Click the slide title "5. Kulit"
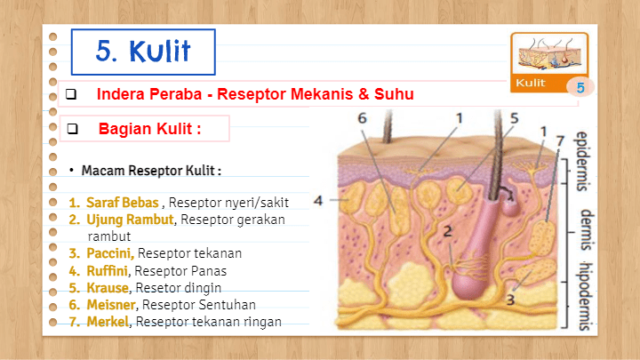pos(143,52)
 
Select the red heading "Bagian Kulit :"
pos(149,128)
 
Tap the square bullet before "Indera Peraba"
pos(72,94)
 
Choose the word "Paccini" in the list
pos(109,253)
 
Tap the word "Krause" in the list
pos(108,288)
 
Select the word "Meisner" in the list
pos(111,305)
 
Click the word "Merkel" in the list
pos(107,322)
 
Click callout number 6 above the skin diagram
pos(363,118)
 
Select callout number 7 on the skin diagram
pos(558,140)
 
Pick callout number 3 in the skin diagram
pos(510,300)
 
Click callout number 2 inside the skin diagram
pos(449,232)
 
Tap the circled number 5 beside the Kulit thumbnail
pos(580,87)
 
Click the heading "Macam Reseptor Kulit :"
pos(151,169)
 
